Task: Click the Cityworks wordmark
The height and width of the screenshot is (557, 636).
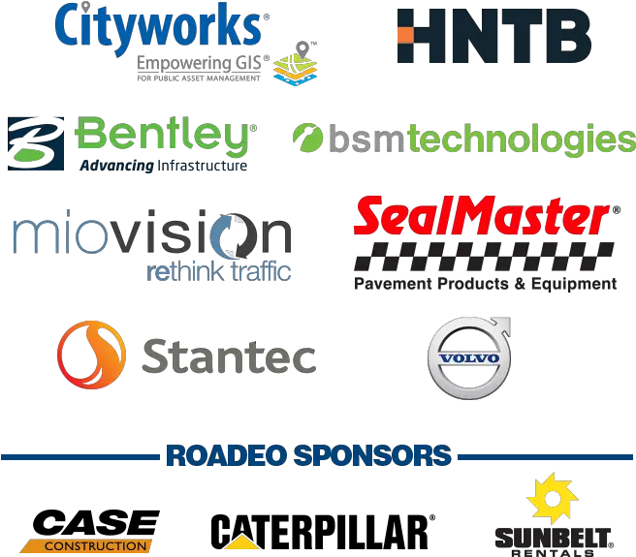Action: [x=158, y=27]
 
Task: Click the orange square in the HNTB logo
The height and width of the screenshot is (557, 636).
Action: [x=405, y=35]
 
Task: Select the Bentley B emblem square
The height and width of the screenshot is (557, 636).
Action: [x=36, y=143]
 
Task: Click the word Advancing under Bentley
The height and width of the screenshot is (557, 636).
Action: [x=116, y=166]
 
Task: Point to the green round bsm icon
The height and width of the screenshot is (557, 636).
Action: [x=308, y=138]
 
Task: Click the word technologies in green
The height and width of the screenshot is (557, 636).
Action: [x=522, y=139]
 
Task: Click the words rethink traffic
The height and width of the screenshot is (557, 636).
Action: [x=219, y=271]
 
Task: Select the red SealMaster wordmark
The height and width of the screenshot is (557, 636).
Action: [x=482, y=215]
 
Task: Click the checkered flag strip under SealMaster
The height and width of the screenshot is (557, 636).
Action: [x=484, y=256]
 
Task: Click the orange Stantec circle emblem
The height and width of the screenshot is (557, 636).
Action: [x=92, y=356]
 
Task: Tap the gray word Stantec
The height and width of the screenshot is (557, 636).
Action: [x=229, y=356]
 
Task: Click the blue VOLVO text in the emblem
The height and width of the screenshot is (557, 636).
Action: [x=469, y=358]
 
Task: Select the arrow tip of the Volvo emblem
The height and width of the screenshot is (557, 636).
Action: [x=507, y=321]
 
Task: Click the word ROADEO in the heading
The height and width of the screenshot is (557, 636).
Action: [x=224, y=455]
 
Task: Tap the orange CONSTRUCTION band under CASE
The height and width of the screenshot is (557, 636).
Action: [x=87, y=546]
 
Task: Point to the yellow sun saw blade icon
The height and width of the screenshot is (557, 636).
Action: [x=552, y=498]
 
